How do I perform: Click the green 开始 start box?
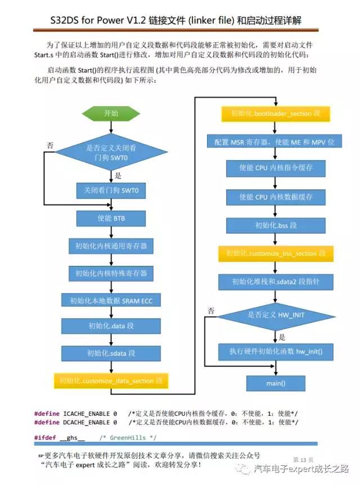[x=111, y=113]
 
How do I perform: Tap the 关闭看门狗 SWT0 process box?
[x=111, y=191]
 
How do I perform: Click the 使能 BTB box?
[x=111, y=217]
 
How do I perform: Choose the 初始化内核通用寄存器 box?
[x=111, y=246]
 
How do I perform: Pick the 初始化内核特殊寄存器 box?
[x=111, y=273]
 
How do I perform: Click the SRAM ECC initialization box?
[x=111, y=301]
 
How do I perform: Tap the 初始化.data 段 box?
[x=111, y=326]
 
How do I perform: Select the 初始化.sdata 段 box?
[x=111, y=353]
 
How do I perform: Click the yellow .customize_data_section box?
[x=111, y=380]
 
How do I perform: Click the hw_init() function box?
[x=276, y=351]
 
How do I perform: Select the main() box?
[x=276, y=383]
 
